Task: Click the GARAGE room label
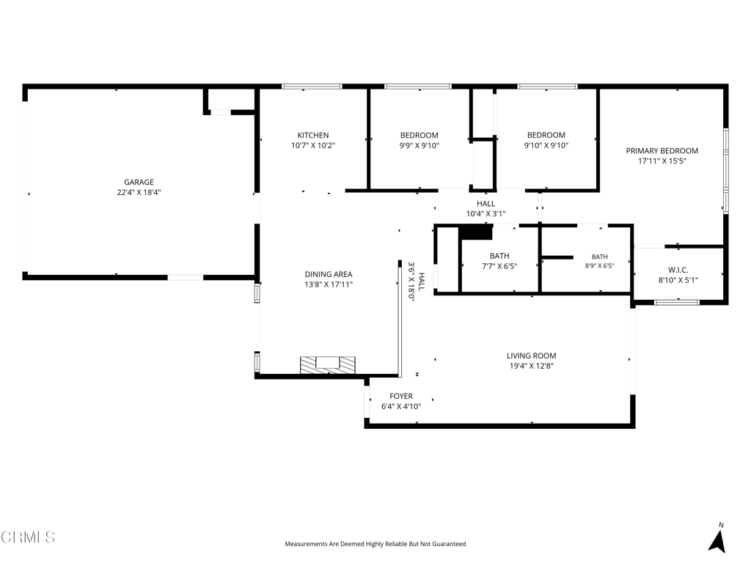[139, 182]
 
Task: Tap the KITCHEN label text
[313, 136]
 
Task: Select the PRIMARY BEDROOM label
[662, 151]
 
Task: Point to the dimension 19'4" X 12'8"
[532, 367]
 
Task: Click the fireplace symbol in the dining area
[328, 365]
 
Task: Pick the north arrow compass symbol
[717, 539]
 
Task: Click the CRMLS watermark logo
[28, 537]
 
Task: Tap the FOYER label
[401, 397]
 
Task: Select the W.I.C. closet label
[678, 271]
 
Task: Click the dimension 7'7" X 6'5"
[499, 266]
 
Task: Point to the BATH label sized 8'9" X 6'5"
[600, 257]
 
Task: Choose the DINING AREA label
[329, 274]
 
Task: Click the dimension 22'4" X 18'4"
[139, 193]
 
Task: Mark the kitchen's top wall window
[312, 87]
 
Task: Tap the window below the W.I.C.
[677, 303]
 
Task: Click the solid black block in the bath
[475, 232]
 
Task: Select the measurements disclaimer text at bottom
[375, 544]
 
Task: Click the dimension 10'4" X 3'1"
[486, 214]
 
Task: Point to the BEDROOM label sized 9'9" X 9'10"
[420, 136]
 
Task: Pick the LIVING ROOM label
[532, 356]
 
